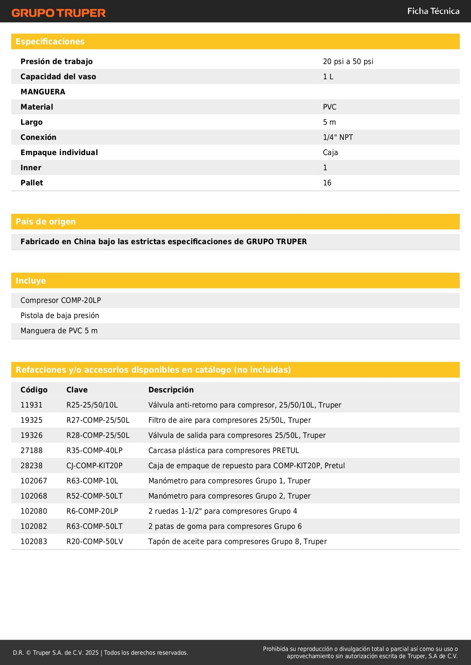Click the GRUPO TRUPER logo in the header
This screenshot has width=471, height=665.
58,13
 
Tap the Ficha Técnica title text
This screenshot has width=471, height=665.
433,11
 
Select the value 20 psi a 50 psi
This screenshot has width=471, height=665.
348,61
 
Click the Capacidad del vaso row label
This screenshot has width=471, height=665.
58,77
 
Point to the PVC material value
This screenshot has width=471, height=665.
329,107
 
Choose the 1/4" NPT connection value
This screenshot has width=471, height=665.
338,137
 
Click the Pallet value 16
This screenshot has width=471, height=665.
327,183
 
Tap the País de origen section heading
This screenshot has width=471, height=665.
46,222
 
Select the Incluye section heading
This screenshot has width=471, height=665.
31,281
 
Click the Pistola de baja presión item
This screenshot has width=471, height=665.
60,315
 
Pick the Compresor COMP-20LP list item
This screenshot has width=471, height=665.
61,300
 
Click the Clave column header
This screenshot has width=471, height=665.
77,390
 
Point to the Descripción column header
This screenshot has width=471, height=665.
171,390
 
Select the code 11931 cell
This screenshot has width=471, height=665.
32,405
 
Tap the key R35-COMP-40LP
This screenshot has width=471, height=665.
95,450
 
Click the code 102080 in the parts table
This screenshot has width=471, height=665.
34,511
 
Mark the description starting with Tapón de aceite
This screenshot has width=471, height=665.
238,541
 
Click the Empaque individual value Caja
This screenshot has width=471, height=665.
330,152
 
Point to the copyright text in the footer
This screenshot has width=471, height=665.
101,652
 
